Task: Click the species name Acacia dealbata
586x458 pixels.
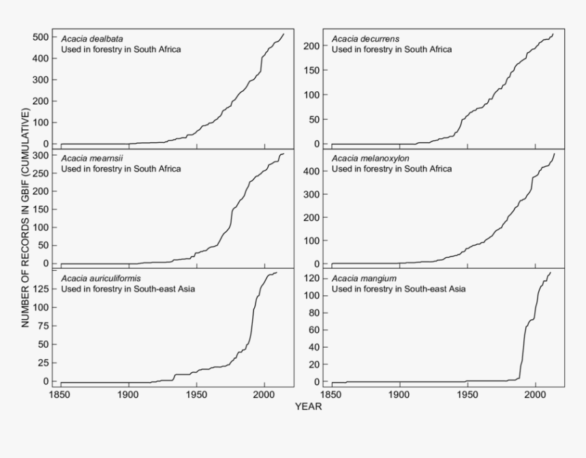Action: [87, 38]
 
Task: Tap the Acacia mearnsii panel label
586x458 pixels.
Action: [87, 159]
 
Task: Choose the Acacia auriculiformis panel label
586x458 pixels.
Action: [93, 278]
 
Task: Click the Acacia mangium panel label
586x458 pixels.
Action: [357, 278]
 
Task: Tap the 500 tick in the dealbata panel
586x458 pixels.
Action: [40, 37]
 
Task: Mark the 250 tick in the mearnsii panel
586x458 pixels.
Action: [40, 174]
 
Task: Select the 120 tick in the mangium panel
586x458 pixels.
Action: [312, 278]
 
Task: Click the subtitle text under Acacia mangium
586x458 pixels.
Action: [399, 289]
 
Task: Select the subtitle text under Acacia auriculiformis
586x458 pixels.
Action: [128, 289]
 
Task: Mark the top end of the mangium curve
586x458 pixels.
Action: [551, 272]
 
